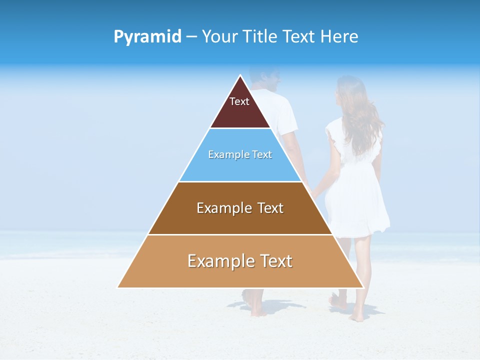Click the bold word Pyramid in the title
click(x=147, y=36)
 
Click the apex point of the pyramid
click(x=240, y=75)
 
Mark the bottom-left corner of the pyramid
click(x=117, y=287)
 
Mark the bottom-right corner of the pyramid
click(x=363, y=287)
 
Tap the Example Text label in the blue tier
click(x=240, y=154)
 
